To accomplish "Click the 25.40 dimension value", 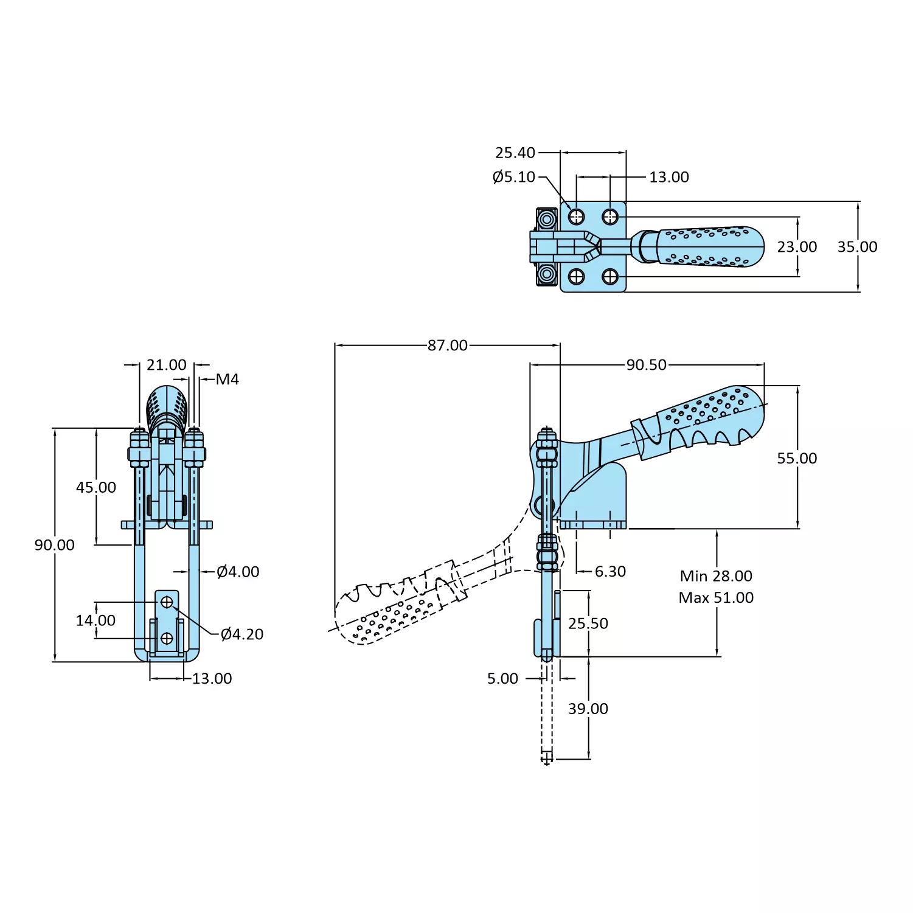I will click(515, 153).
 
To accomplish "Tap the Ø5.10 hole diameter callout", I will click(513, 177).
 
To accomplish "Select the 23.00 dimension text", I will click(797, 247).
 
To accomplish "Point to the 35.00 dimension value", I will click(857, 247).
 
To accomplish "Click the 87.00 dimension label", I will click(447, 345).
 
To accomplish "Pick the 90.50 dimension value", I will click(646, 365).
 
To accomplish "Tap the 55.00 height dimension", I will click(797, 459).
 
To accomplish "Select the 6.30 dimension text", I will click(610, 572).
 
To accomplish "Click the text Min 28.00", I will click(716, 576).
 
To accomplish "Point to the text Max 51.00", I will click(716, 598).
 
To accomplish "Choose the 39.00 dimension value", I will click(588, 709).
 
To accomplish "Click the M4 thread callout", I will click(227, 380).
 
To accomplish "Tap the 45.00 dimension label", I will click(96, 487).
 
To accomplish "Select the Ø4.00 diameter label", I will click(238, 572).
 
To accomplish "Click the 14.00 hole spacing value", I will click(95, 620).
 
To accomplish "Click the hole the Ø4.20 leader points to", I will click(167, 602).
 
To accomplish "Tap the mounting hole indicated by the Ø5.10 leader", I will click(576, 217).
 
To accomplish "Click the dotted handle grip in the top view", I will click(709, 247).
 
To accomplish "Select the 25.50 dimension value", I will click(588, 623).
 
